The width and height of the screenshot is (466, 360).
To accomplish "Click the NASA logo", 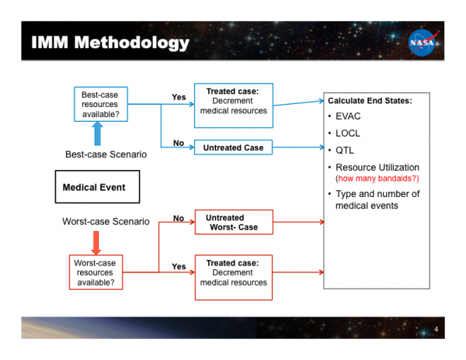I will click(424, 43).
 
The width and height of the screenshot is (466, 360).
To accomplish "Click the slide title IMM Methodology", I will click(110, 43).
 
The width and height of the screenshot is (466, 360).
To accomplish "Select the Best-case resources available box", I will click(100, 105).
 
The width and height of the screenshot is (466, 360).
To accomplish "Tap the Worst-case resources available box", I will click(96, 272).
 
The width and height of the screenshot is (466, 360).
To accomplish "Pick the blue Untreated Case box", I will click(233, 147).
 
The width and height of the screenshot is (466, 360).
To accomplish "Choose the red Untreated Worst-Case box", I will click(233, 223).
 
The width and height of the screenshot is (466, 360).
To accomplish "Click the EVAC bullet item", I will click(349, 117).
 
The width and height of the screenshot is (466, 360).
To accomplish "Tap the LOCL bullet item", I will click(349, 133).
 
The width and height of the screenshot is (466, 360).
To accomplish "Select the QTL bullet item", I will click(345, 151).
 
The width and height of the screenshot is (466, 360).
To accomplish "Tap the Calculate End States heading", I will click(370, 101).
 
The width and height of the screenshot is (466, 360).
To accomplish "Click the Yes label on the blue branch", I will click(179, 97).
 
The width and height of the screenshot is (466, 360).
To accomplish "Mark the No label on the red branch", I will click(179, 219).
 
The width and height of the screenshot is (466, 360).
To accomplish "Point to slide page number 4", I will click(436, 331).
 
